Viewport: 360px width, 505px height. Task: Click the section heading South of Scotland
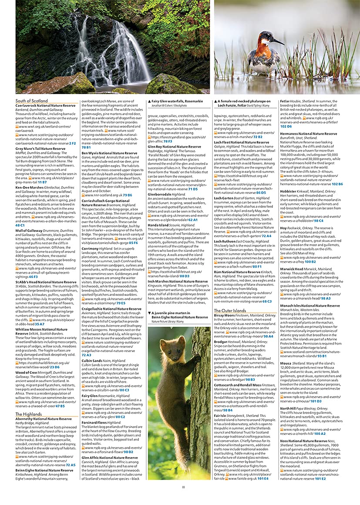point(31,101)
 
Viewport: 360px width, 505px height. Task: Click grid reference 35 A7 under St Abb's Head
point(39,324)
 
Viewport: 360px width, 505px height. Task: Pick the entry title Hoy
point(283,227)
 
